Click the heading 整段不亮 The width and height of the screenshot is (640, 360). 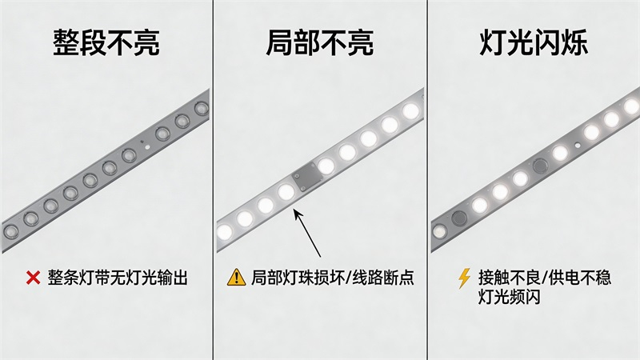[106, 42]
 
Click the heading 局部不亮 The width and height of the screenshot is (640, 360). [319, 42]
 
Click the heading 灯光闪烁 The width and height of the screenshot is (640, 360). [534, 42]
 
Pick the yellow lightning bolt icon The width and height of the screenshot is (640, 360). [464, 278]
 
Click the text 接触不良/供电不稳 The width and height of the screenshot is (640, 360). [545, 278]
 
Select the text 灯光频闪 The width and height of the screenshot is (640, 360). [510, 298]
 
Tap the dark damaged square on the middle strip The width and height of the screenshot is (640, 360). [306, 177]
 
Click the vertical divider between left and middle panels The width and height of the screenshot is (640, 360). [213, 180]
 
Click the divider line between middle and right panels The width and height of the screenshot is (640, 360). [427, 180]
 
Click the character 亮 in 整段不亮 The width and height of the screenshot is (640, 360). [146, 42]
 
